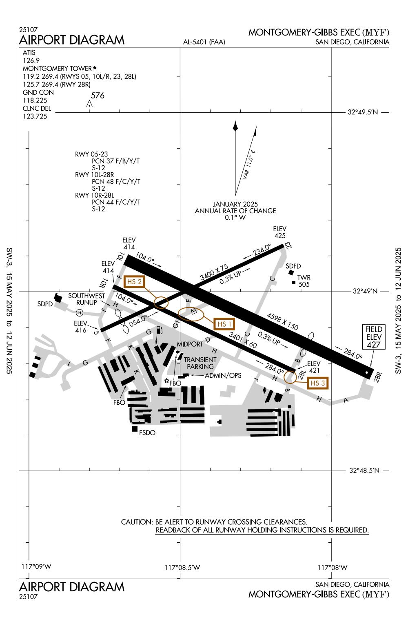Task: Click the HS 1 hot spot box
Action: pyautogui.click(x=224, y=324)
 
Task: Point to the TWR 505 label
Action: pyautogui.click(x=304, y=281)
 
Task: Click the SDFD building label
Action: pyautogui.click(x=294, y=266)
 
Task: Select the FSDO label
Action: pyautogui.click(x=147, y=432)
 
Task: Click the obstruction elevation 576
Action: pyautogui.click(x=98, y=96)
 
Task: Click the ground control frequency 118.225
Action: pyautogui.click(x=35, y=100)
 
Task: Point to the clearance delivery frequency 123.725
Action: pyautogui.click(x=35, y=116)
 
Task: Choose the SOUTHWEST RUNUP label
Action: pyautogui.click(x=86, y=299)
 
